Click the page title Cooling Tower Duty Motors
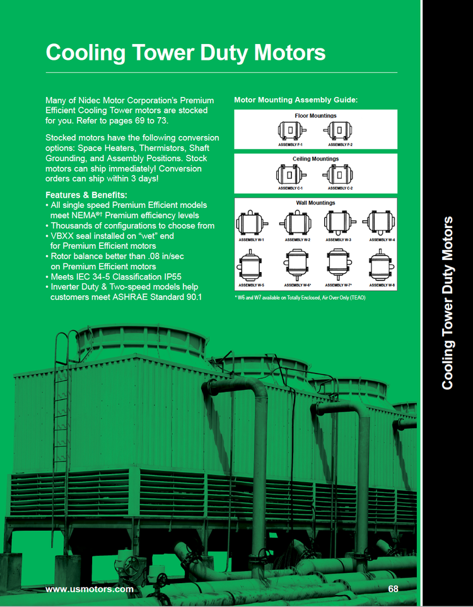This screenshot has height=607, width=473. tap(185, 52)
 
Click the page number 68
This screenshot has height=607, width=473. tap(394, 589)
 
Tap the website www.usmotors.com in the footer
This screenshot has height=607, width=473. tap(90, 589)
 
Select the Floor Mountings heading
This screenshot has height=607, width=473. tap(315, 116)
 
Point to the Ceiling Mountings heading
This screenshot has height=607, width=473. tap(315, 159)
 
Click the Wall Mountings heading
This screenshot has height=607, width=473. tap(315, 203)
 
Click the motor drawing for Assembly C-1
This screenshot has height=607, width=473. tap(291, 174)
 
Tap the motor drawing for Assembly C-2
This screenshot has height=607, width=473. tap(339, 174)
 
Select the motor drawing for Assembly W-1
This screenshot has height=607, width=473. tap(251, 222)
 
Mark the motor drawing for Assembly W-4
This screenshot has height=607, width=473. tap(381, 222)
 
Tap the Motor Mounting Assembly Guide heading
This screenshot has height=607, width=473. tap(296, 99)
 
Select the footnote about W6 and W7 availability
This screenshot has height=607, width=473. tap(300, 297)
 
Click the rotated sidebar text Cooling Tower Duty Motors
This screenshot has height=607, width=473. tap(447, 302)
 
